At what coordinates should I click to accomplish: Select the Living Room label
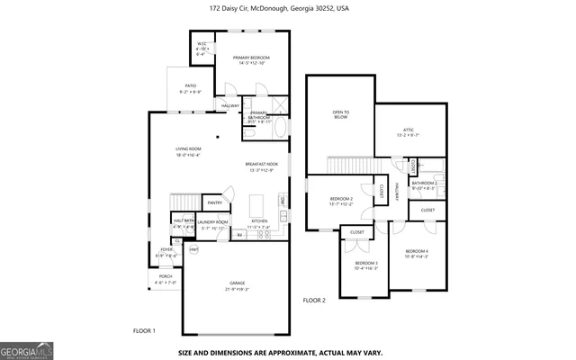click(x=188, y=148)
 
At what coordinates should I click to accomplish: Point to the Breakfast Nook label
click(x=261, y=164)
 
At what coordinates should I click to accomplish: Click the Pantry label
click(x=214, y=202)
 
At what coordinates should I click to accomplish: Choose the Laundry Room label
click(x=213, y=221)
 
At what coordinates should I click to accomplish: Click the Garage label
click(x=237, y=284)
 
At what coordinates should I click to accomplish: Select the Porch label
click(x=165, y=277)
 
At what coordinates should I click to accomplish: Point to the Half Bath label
click(x=183, y=220)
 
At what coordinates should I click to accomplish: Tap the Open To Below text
click(x=340, y=114)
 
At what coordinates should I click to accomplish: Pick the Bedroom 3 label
click(x=365, y=263)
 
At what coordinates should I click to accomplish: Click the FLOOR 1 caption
click(x=144, y=331)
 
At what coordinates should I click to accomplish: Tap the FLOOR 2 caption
click(x=313, y=300)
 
